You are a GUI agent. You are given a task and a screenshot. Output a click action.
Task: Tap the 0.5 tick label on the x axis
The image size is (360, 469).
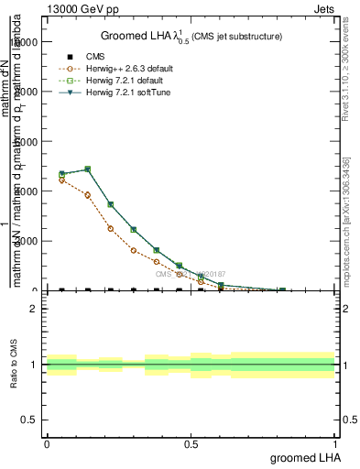[191, 443]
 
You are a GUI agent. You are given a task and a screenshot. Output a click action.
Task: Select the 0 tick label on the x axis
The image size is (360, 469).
[47, 443]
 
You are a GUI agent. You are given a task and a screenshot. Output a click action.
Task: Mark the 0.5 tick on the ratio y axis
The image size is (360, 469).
[29, 420]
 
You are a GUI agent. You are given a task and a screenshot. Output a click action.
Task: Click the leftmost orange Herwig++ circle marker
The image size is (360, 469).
[61, 180]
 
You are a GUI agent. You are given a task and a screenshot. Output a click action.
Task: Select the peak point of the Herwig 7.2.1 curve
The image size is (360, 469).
[87, 169]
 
